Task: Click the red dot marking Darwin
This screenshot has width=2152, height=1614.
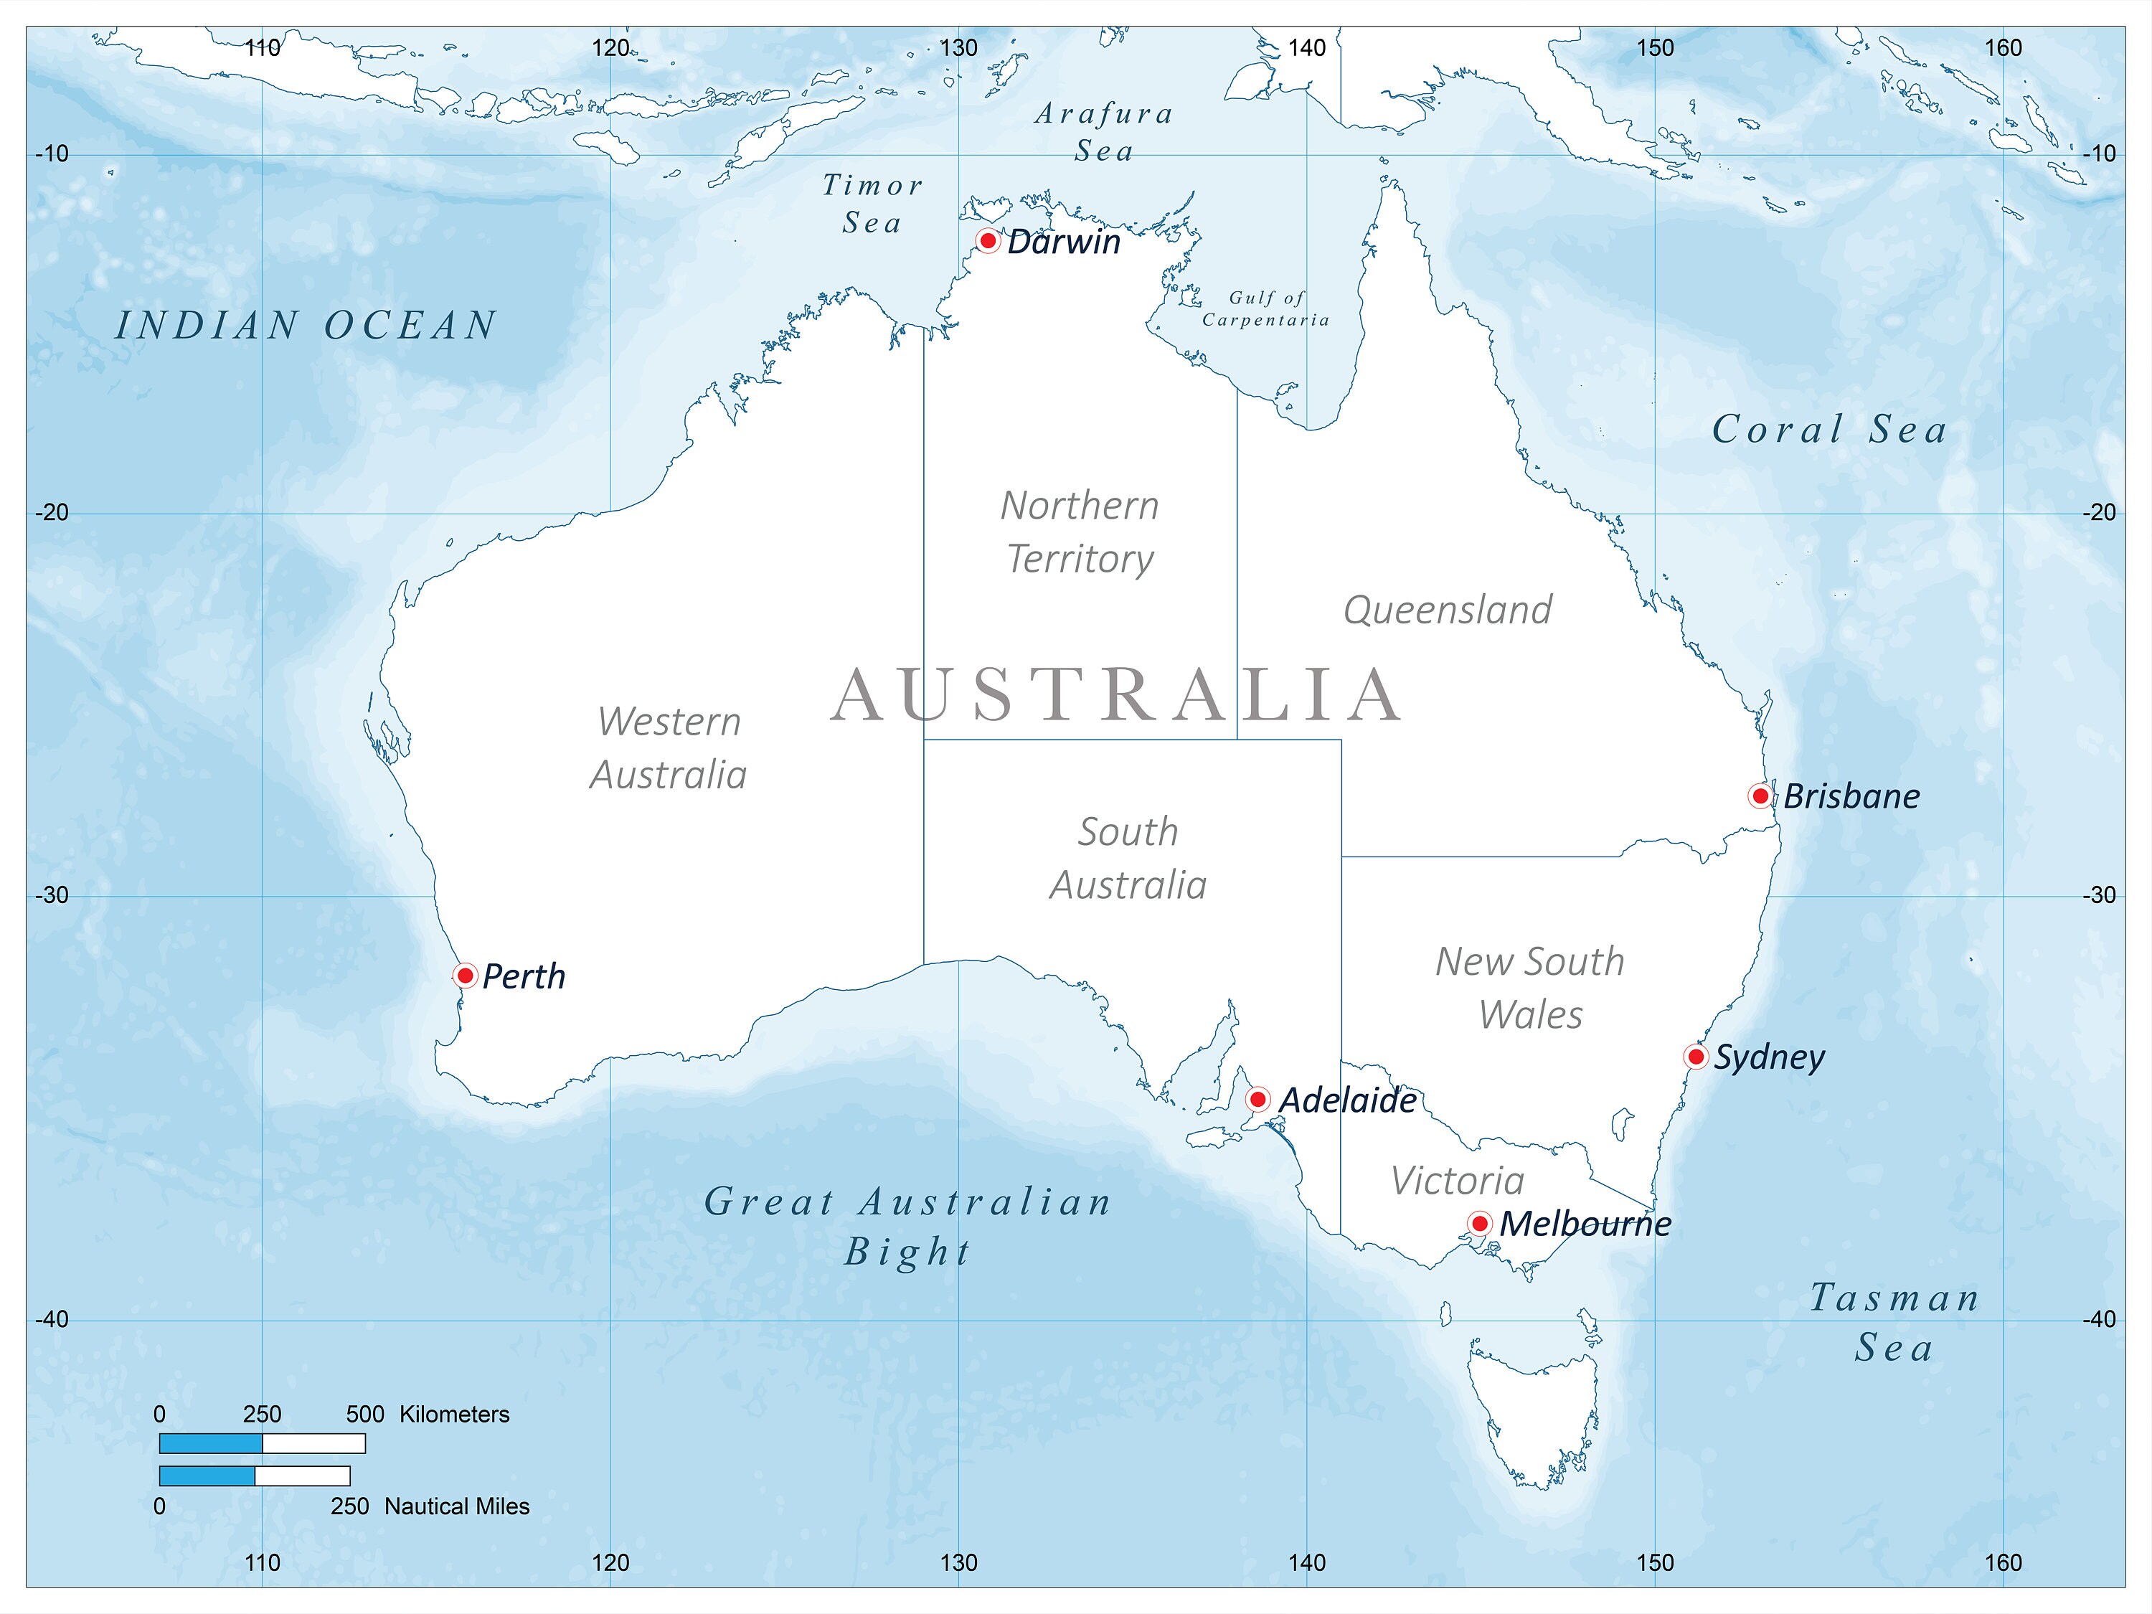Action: click(x=988, y=240)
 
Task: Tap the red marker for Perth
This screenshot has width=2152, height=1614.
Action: click(x=465, y=975)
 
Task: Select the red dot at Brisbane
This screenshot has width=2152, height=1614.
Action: click(x=1760, y=796)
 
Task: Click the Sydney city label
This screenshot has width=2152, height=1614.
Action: click(x=1769, y=1057)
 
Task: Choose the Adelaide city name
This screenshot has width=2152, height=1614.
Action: click(x=1346, y=1100)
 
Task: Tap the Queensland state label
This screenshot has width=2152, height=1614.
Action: click(x=1448, y=610)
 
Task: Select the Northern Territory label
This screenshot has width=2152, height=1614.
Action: click(x=1080, y=532)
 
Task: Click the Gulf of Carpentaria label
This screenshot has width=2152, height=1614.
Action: click(x=1265, y=308)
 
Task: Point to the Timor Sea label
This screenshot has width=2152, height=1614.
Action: click(x=872, y=203)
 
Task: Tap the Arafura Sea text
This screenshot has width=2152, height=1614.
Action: click(x=1104, y=131)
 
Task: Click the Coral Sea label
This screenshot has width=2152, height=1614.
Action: click(x=1829, y=429)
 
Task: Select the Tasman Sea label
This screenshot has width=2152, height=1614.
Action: click(x=1893, y=1322)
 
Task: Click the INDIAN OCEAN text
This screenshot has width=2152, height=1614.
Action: click(x=306, y=325)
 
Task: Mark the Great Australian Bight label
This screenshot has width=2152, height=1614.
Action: click(x=907, y=1226)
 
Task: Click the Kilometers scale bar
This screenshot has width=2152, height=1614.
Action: click(x=262, y=1443)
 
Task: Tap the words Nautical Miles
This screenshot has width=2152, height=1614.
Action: click(x=456, y=1506)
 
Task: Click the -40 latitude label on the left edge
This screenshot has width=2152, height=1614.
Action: click(x=52, y=1319)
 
